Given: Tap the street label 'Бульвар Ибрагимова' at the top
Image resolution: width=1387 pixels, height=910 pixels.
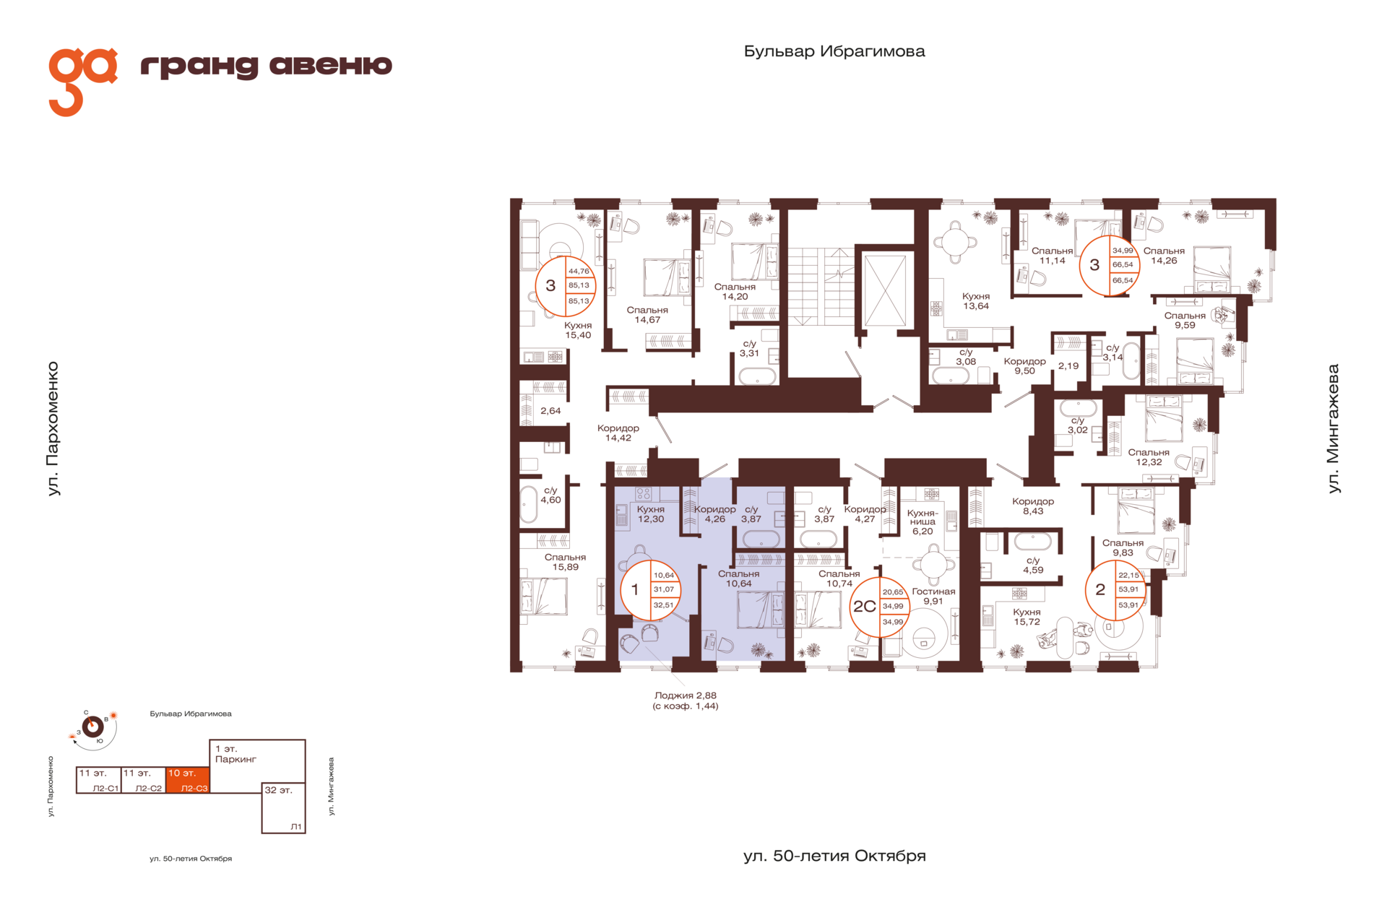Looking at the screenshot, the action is tap(834, 51).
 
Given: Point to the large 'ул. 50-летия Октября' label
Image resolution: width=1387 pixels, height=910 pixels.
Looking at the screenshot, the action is tap(834, 856).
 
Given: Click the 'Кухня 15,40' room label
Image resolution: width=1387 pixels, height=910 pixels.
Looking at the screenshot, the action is tap(578, 330).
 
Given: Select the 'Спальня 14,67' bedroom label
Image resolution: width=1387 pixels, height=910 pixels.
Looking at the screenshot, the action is tap(647, 315).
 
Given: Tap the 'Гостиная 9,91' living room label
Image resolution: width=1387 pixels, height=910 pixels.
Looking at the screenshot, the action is tap(933, 596).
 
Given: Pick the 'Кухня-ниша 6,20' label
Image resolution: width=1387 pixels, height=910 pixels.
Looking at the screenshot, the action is tap(922, 522).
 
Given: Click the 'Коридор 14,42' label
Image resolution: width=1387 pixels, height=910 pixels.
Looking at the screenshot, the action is tap(618, 433).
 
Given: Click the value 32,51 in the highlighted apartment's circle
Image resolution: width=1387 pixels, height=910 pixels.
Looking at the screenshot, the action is tap(663, 605).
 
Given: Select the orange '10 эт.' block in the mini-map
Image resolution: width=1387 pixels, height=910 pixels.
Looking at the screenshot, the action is tap(188, 780).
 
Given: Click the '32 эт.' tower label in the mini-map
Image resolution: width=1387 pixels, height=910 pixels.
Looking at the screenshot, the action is tap(278, 790).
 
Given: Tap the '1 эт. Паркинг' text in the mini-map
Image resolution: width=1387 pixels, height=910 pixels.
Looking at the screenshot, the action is tap(236, 754).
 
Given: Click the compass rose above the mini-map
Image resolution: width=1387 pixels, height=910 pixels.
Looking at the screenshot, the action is tap(92, 727).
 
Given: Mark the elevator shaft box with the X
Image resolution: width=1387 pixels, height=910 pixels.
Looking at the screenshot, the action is tap(885, 290).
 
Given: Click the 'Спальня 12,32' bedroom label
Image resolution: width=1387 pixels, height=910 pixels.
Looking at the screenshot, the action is tap(1149, 457).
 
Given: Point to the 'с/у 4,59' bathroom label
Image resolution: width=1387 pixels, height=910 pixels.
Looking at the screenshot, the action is tap(1033, 565).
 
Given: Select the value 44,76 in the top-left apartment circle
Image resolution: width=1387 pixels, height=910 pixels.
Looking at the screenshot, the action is tap(579, 272).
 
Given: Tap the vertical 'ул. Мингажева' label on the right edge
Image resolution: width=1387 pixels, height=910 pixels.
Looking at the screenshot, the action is tap(1334, 428).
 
